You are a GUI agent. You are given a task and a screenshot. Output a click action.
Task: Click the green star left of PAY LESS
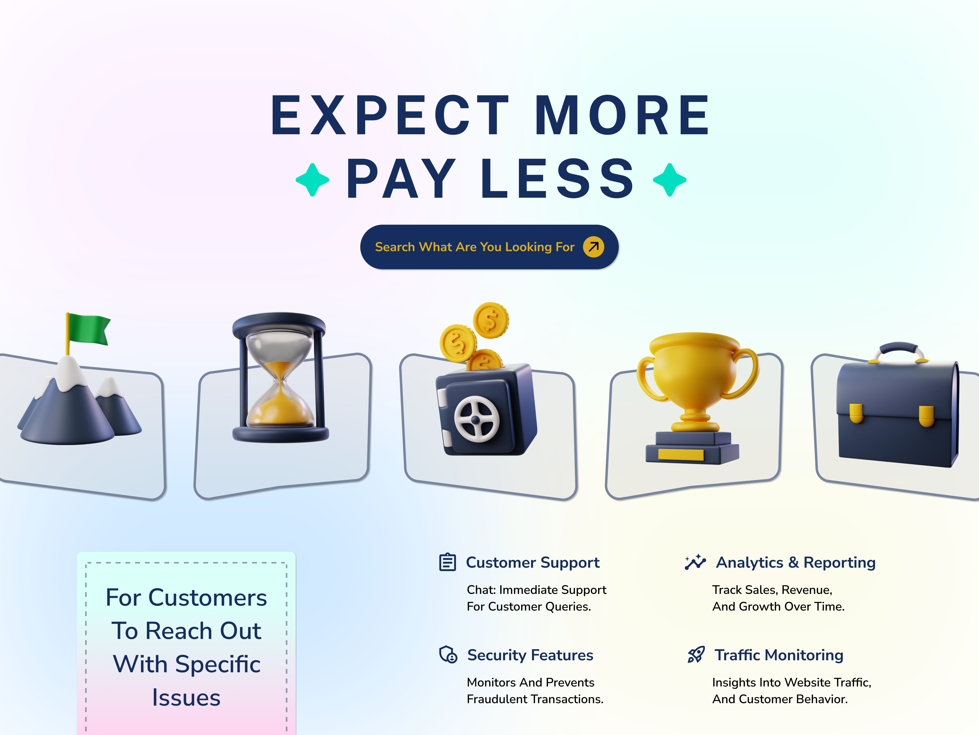313,180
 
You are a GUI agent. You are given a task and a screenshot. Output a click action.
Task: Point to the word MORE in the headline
622,115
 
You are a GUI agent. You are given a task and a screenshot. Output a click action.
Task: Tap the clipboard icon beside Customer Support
447,562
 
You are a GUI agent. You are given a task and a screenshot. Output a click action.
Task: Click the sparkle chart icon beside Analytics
695,562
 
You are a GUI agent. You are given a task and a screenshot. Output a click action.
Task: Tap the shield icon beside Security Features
448,654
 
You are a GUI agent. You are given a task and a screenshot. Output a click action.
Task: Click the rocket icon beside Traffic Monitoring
696,654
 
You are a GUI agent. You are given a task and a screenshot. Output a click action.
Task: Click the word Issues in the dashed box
186,698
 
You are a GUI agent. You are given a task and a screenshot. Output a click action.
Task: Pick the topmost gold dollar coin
491,320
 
